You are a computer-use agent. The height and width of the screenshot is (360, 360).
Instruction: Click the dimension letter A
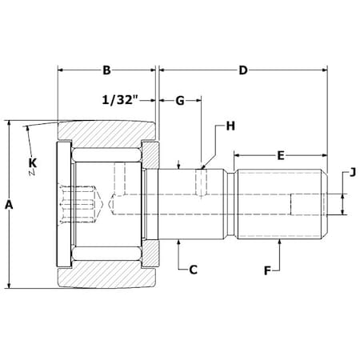[9, 205]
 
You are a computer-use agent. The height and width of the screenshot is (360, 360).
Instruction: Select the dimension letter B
[106, 70]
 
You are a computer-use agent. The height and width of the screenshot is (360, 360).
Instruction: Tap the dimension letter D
[242, 70]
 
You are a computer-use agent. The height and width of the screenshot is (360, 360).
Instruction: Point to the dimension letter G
[180, 101]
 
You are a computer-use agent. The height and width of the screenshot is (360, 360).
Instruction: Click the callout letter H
[230, 126]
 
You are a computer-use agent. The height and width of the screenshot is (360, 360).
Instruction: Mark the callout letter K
[32, 164]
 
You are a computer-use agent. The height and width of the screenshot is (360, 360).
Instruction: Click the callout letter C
[193, 270]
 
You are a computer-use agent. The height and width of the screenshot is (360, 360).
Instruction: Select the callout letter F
[267, 270]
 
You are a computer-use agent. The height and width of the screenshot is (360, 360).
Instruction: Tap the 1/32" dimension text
[121, 101]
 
